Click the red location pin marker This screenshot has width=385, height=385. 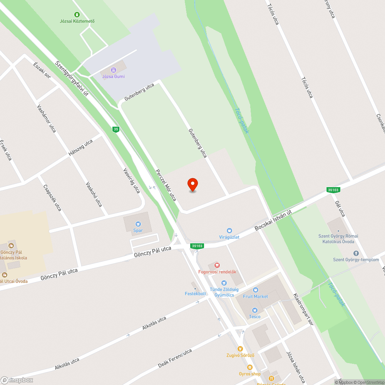pyautogui.click(x=192, y=184)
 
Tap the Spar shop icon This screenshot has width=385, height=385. pyautogui.click(x=138, y=224)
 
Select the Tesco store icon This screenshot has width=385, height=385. pyautogui.click(x=254, y=310)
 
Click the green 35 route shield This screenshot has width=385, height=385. pyautogui.click(x=116, y=129)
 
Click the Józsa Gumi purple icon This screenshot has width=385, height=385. pyautogui.click(x=113, y=70)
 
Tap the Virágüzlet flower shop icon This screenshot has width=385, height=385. pyautogui.click(x=229, y=231)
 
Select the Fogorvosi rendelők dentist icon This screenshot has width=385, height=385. pyautogui.click(x=217, y=265)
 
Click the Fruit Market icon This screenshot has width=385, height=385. pyautogui.click(x=255, y=290)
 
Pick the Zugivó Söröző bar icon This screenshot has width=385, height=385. pyautogui.click(x=240, y=348)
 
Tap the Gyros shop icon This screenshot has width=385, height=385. pyautogui.click(x=249, y=367)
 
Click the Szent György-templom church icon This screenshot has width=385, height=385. pyautogui.click(x=356, y=253)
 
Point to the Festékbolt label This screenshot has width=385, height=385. pyautogui.click(x=196, y=293)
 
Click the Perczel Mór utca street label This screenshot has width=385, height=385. pyautogui.click(x=166, y=185)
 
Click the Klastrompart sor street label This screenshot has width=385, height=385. pyautogui.click(x=303, y=310)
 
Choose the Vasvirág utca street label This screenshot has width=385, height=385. pyautogui.click(x=131, y=180)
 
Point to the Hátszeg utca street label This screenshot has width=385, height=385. pyautogui.click(x=80, y=147)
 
